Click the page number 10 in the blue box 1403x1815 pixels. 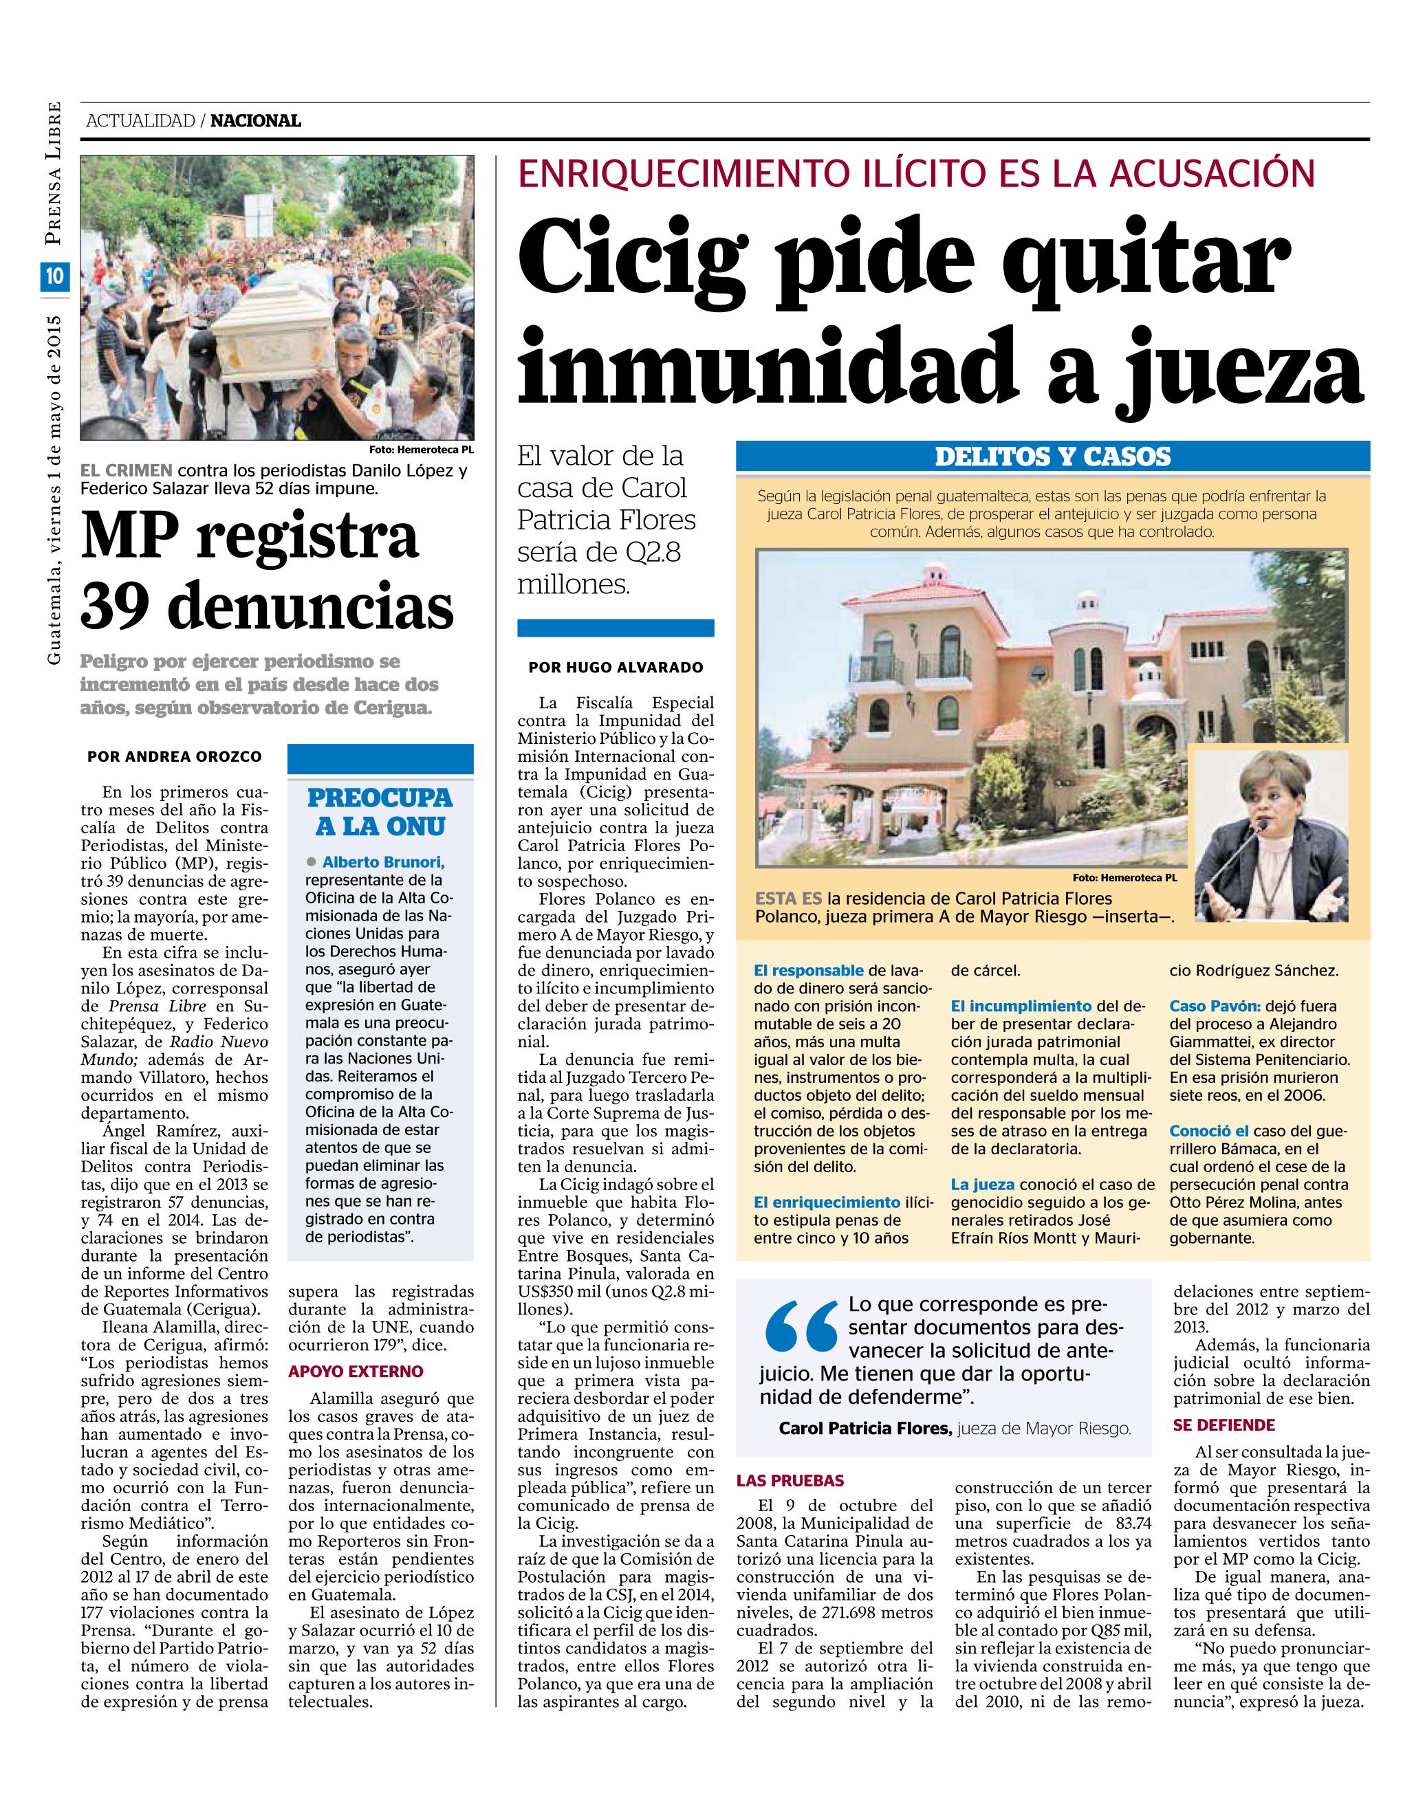coord(55,277)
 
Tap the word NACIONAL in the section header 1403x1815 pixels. coord(255,121)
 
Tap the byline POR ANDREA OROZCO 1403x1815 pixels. coord(174,757)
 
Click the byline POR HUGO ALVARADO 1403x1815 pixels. coord(615,668)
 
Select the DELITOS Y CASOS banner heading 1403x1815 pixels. coord(1052,457)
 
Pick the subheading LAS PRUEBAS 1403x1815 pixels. coord(790,1480)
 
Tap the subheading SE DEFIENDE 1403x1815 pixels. coord(1223,1425)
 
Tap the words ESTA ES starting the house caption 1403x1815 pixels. coord(788,899)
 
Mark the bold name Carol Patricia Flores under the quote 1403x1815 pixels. coord(864,1429)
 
